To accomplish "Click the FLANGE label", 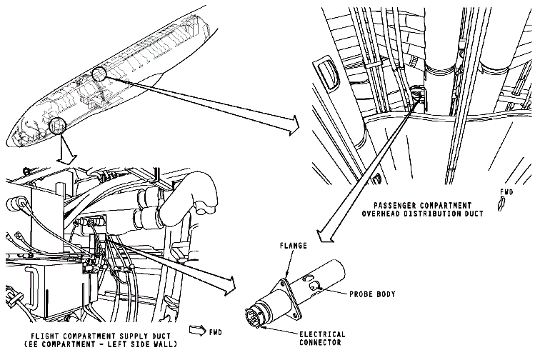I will tap(294, 246).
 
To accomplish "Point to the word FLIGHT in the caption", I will tap(46, 335).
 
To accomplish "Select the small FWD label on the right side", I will tap(506, 192).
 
